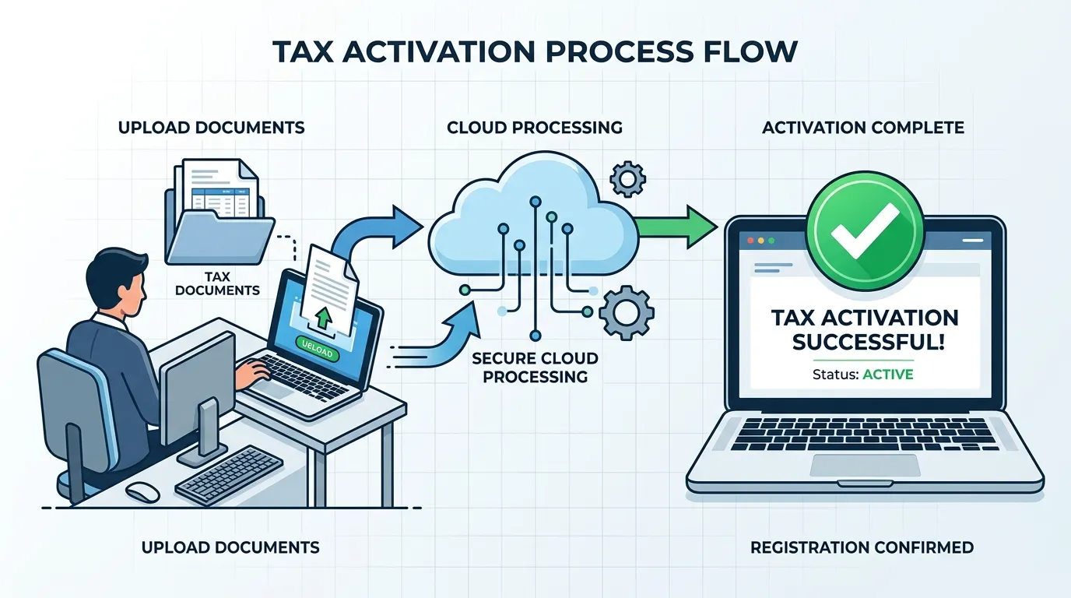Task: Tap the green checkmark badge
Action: point(865,230)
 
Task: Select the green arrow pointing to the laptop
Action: point(677,227)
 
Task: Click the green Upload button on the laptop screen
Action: point(318,348)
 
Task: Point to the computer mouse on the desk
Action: point(142,492)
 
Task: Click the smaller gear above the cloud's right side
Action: point(628,179)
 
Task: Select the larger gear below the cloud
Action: point(627,312)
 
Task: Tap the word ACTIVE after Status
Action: point(888,374)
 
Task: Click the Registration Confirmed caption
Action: point(862,547)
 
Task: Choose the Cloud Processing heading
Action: point(535,127)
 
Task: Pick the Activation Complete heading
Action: point(863,128)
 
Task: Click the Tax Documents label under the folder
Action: point(218,283)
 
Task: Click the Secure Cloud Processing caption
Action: point(535,368)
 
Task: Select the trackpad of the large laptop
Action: point(866,466)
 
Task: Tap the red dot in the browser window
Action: point(750,241)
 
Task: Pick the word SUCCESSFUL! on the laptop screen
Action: point(869,342)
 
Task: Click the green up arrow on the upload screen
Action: point(324,316)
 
